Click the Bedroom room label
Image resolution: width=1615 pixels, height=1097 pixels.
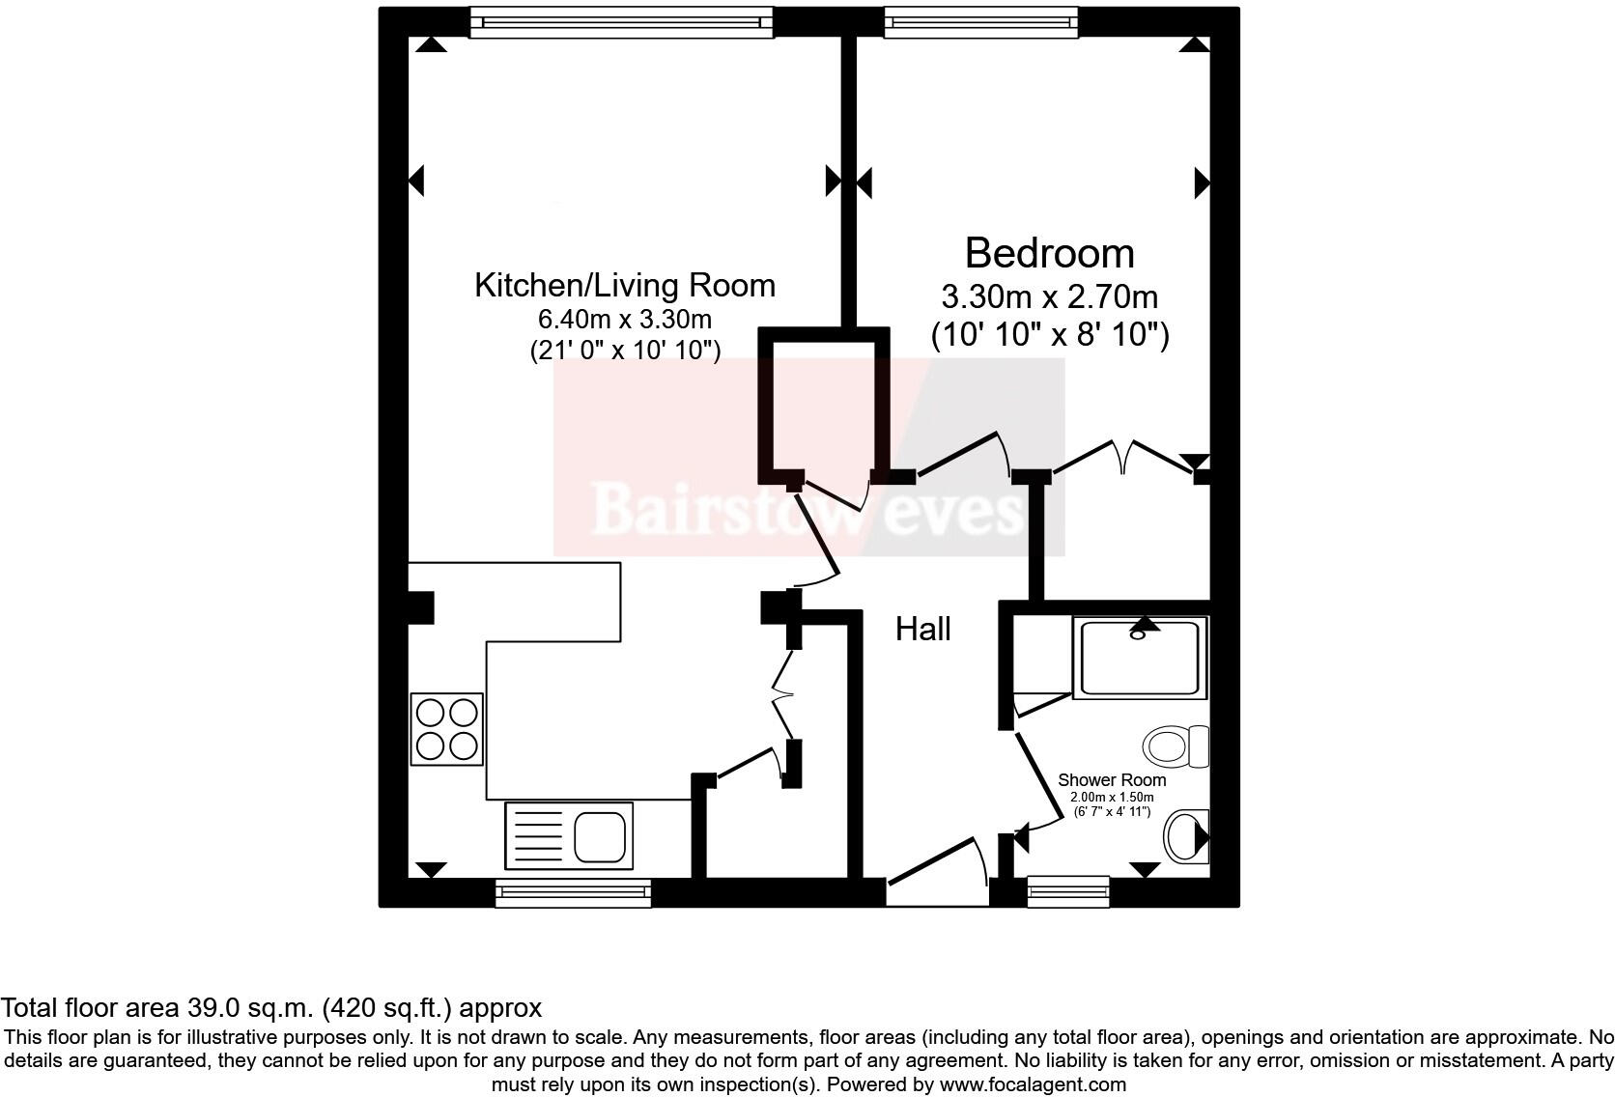click(1049, 253)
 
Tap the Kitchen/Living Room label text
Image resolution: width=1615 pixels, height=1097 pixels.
click(624, 286)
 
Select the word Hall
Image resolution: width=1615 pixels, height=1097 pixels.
click(922, 630)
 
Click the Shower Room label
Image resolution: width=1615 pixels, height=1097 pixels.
click(1112, 779)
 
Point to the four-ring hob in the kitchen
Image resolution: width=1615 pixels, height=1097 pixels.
click(446, 729)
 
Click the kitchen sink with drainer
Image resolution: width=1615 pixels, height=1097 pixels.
click(568, 835)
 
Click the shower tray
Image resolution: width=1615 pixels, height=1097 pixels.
click(1140, 660)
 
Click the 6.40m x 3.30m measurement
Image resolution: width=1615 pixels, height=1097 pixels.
click(624, 319)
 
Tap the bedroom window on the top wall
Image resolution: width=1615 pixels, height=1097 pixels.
click(980, 22)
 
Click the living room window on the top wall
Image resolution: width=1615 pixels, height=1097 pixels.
click(621, 22)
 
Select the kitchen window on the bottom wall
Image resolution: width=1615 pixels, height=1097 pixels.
click(573, 893)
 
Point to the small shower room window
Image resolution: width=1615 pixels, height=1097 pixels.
click(1067, 891)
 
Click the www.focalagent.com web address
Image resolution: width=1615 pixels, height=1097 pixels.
click(1032, 1084)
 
